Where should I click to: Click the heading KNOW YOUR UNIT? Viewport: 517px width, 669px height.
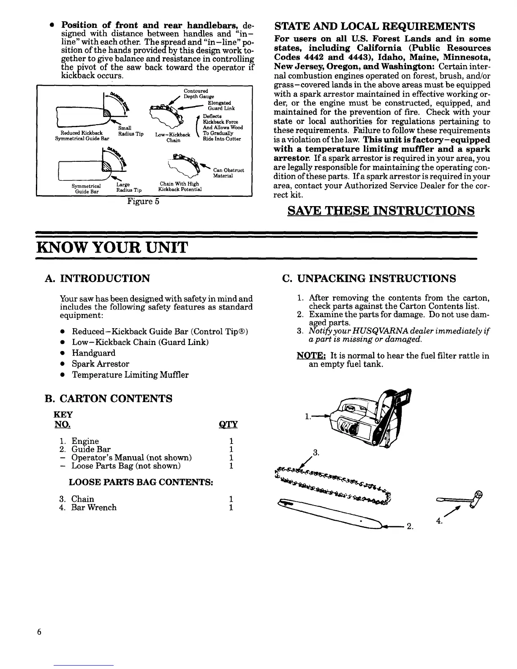coord(112,247)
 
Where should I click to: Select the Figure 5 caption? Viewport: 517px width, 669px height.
coord(143,201)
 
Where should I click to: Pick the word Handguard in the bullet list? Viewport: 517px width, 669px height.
coord(93,353)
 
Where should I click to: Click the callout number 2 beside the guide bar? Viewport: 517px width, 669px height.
coord(409,527)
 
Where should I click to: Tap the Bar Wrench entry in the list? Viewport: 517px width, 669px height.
coord(94,507)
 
